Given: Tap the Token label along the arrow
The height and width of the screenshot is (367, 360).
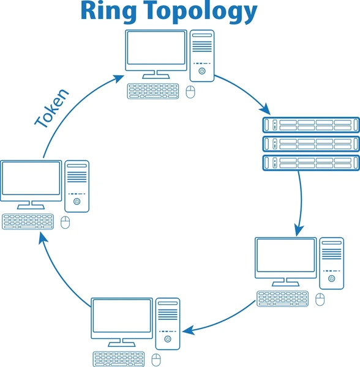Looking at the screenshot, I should pos(52,109).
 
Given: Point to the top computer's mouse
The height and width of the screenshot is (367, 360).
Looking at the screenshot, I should pos(191,92).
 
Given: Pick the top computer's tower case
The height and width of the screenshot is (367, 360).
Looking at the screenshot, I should pos(202,55).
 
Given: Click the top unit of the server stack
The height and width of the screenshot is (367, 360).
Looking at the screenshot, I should pos(310,125).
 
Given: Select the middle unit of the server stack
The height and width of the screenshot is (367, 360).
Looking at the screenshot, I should pos(310,144).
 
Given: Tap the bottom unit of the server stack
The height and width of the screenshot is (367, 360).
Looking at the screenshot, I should pos(310,163).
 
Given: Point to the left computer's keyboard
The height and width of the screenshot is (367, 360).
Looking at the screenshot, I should pos(28,221).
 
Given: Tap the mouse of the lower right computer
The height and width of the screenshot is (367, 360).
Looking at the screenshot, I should pos(320,299).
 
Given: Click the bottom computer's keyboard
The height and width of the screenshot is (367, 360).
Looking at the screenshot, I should pos(120,359).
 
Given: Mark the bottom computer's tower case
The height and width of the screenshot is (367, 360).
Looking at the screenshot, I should pos(168,324).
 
